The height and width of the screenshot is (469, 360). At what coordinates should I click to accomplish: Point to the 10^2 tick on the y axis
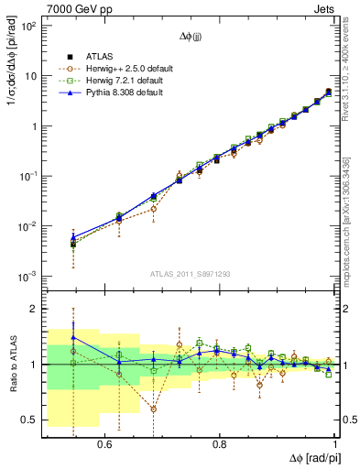(x=27, y=27)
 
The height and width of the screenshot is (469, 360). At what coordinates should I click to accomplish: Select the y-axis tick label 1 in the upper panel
(x=34, y=126)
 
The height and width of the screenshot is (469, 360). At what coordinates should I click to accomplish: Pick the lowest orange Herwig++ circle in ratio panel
(x=154, y=409)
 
